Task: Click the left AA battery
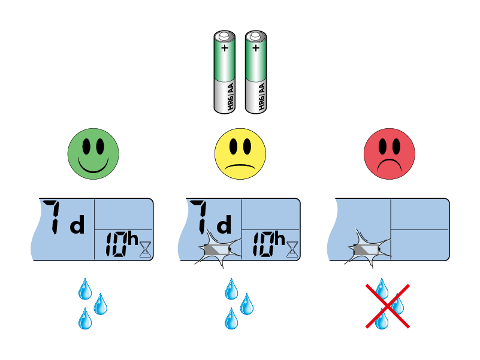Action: click(225, 72)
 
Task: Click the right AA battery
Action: click(256, 72)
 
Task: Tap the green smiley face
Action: click(93, 154)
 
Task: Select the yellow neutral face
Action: click(240, 154)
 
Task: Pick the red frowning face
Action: click(389, 154)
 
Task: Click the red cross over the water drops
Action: click(388, 306)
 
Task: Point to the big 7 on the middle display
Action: click(203, 217)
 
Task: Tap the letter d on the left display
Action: click(79, 226)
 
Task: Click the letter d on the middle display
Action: click(224, 226)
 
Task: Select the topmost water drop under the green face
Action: click(86, 289)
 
